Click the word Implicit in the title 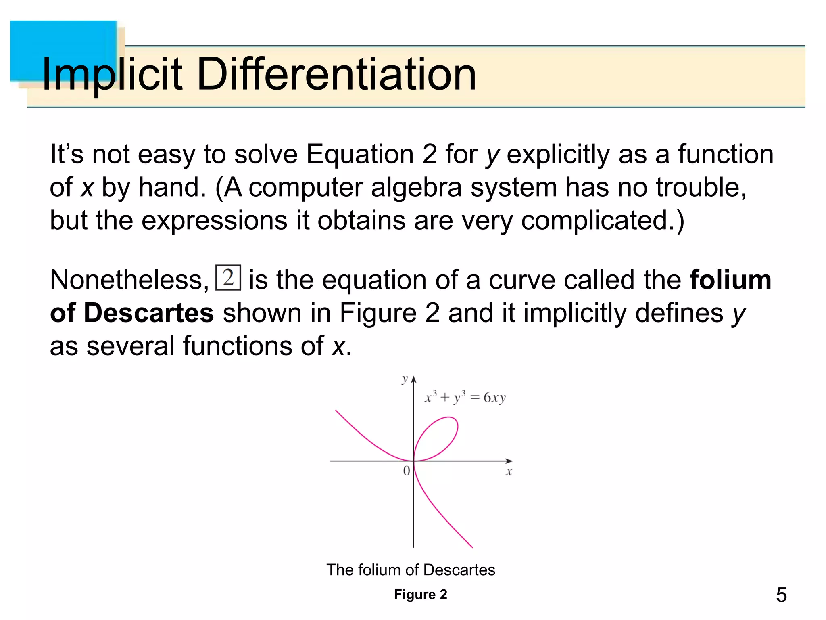(x=112, y=74)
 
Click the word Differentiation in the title (x=336, y=74)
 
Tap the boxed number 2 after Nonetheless (x=228, y=278)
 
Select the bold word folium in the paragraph (x=730, y=280)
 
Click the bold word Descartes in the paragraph (x=148, y=313)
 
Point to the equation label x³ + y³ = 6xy (x=465, y=398)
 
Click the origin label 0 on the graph (x=407, y=471)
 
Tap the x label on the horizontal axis (x=509, y=471)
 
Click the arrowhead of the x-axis (x=509, y=461)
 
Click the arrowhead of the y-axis (x=413, y=379)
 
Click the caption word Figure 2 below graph (x=420, y=594)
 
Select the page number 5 (x=781, y=595)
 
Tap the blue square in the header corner (x=63, y=50)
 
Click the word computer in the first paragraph (x=305, y=188)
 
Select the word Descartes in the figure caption (x=459, y=570)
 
